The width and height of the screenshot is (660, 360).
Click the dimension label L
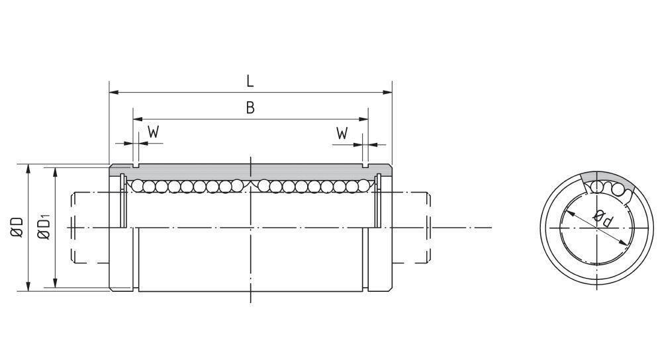[x=250, y=81]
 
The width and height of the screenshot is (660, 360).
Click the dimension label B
[x=250, y=108]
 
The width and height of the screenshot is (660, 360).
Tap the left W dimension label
[x=153, y=132]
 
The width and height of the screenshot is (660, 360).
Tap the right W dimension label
[x=342, y=132]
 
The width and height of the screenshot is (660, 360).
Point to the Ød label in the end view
[x=601, y=218]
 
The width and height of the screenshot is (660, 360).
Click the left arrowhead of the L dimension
[x=113, y=91]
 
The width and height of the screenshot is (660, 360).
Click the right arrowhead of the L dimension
[x=388, y=91]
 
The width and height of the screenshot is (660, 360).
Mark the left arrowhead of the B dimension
[x=137, y=119]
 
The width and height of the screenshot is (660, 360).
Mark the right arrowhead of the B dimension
[x=363, y=119]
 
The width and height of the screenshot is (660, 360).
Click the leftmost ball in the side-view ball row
[x=136, y=186]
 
